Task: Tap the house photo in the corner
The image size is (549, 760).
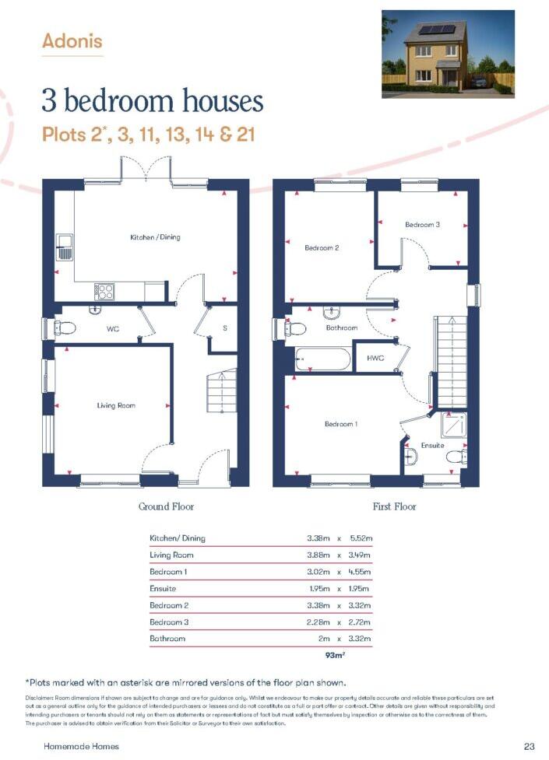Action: tap(448, 54)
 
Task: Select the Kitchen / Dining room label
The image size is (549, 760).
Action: tap(155, 236)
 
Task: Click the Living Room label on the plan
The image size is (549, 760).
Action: tap(116, 405)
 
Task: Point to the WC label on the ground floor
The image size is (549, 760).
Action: tap(112, 329)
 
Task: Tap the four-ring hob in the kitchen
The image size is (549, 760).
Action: tap(104, 291)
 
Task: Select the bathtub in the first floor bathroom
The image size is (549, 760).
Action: tap(322, 361)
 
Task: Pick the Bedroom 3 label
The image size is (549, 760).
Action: tap(422, 225)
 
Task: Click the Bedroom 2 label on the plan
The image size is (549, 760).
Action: tap(322, 248)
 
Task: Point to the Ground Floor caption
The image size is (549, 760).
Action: tap(166, 506)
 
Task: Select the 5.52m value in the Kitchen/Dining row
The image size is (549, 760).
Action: tap(360, 538)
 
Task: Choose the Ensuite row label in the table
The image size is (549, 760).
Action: tap(163, 589)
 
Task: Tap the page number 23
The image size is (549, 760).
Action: tap(530, 746)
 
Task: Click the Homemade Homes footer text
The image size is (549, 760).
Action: tap(81, 746)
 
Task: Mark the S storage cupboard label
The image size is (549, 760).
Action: tap(224, 328)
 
